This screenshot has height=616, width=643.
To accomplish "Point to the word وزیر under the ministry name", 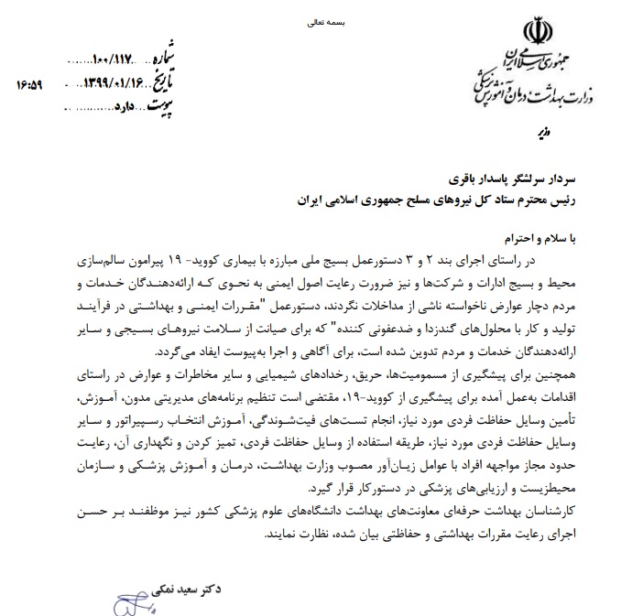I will [541, 134].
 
